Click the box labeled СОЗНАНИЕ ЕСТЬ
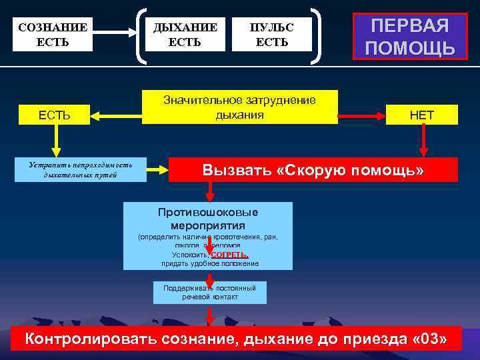click(x=53, y=35)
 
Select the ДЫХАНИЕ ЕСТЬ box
click(x=185, y=35)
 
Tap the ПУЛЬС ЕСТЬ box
click(x=271, y=35)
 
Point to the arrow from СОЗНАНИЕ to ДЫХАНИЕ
click(x=120, y=31)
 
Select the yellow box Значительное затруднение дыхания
click(x=239, y=107)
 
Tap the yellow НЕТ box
click(x=421, y=115)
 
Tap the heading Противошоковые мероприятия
click(x=208, y=219)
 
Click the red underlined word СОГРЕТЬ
click(x=229, y=255)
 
